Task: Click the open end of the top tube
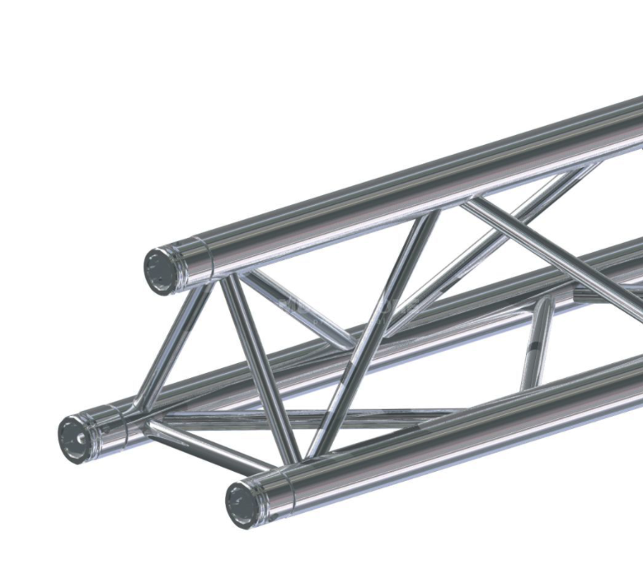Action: [x=159, y=268]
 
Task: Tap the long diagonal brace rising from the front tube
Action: [x=375, y=329]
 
